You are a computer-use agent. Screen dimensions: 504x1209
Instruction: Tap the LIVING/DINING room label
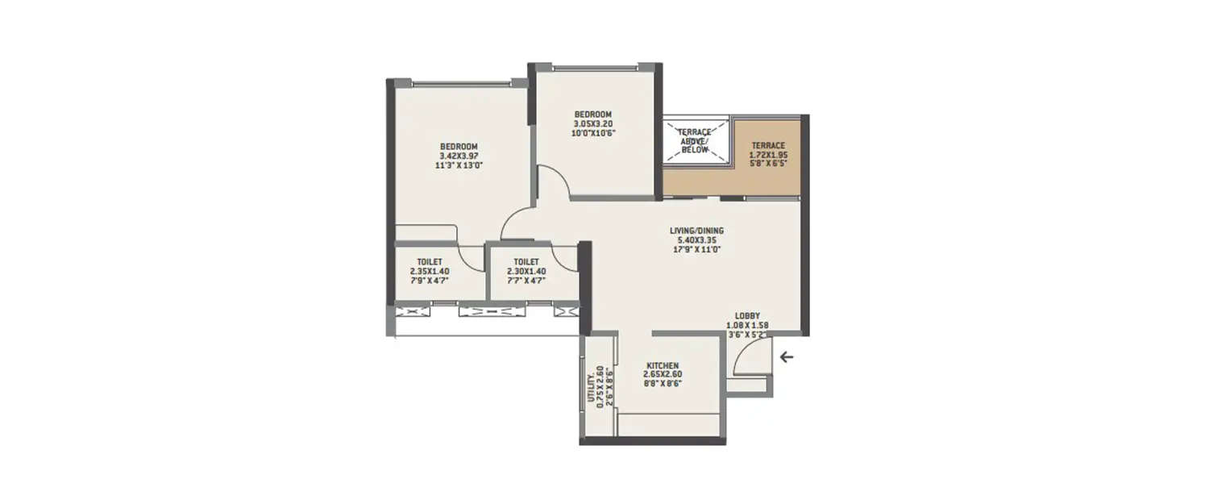[x=696, y=231]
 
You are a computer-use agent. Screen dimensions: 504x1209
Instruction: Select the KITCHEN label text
[x=661, y=365]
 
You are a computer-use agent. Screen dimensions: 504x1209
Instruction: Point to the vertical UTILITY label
[x=591, y=387]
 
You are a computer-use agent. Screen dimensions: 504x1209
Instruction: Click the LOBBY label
[x=747, y=316]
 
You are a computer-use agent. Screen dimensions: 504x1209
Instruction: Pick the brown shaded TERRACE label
[x=768, y=145]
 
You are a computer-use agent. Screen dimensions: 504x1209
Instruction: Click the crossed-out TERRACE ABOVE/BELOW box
[x=694, y=141]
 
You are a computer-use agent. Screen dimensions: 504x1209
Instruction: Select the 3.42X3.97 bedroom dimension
[x=459, y=156]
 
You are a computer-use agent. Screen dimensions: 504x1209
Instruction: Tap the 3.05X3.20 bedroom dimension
[x=592, y=123]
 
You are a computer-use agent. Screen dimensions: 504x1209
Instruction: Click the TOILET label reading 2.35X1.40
[x=429, y=261]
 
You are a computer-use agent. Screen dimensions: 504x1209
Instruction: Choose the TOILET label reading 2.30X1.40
[x=526, y=261]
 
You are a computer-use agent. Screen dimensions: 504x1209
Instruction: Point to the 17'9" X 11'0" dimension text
[x=696, y=250]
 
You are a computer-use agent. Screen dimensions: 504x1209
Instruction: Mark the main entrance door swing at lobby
[x=751, y=358]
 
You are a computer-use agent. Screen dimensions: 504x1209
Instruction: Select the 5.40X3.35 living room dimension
[x=696, y=240]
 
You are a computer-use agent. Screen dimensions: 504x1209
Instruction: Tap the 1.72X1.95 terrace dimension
[x=768, y=154]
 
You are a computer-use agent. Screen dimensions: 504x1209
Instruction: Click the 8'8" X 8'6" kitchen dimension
[x=661, y=384]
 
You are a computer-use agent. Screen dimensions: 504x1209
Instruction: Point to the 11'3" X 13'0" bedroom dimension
[x=459, y=165]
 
